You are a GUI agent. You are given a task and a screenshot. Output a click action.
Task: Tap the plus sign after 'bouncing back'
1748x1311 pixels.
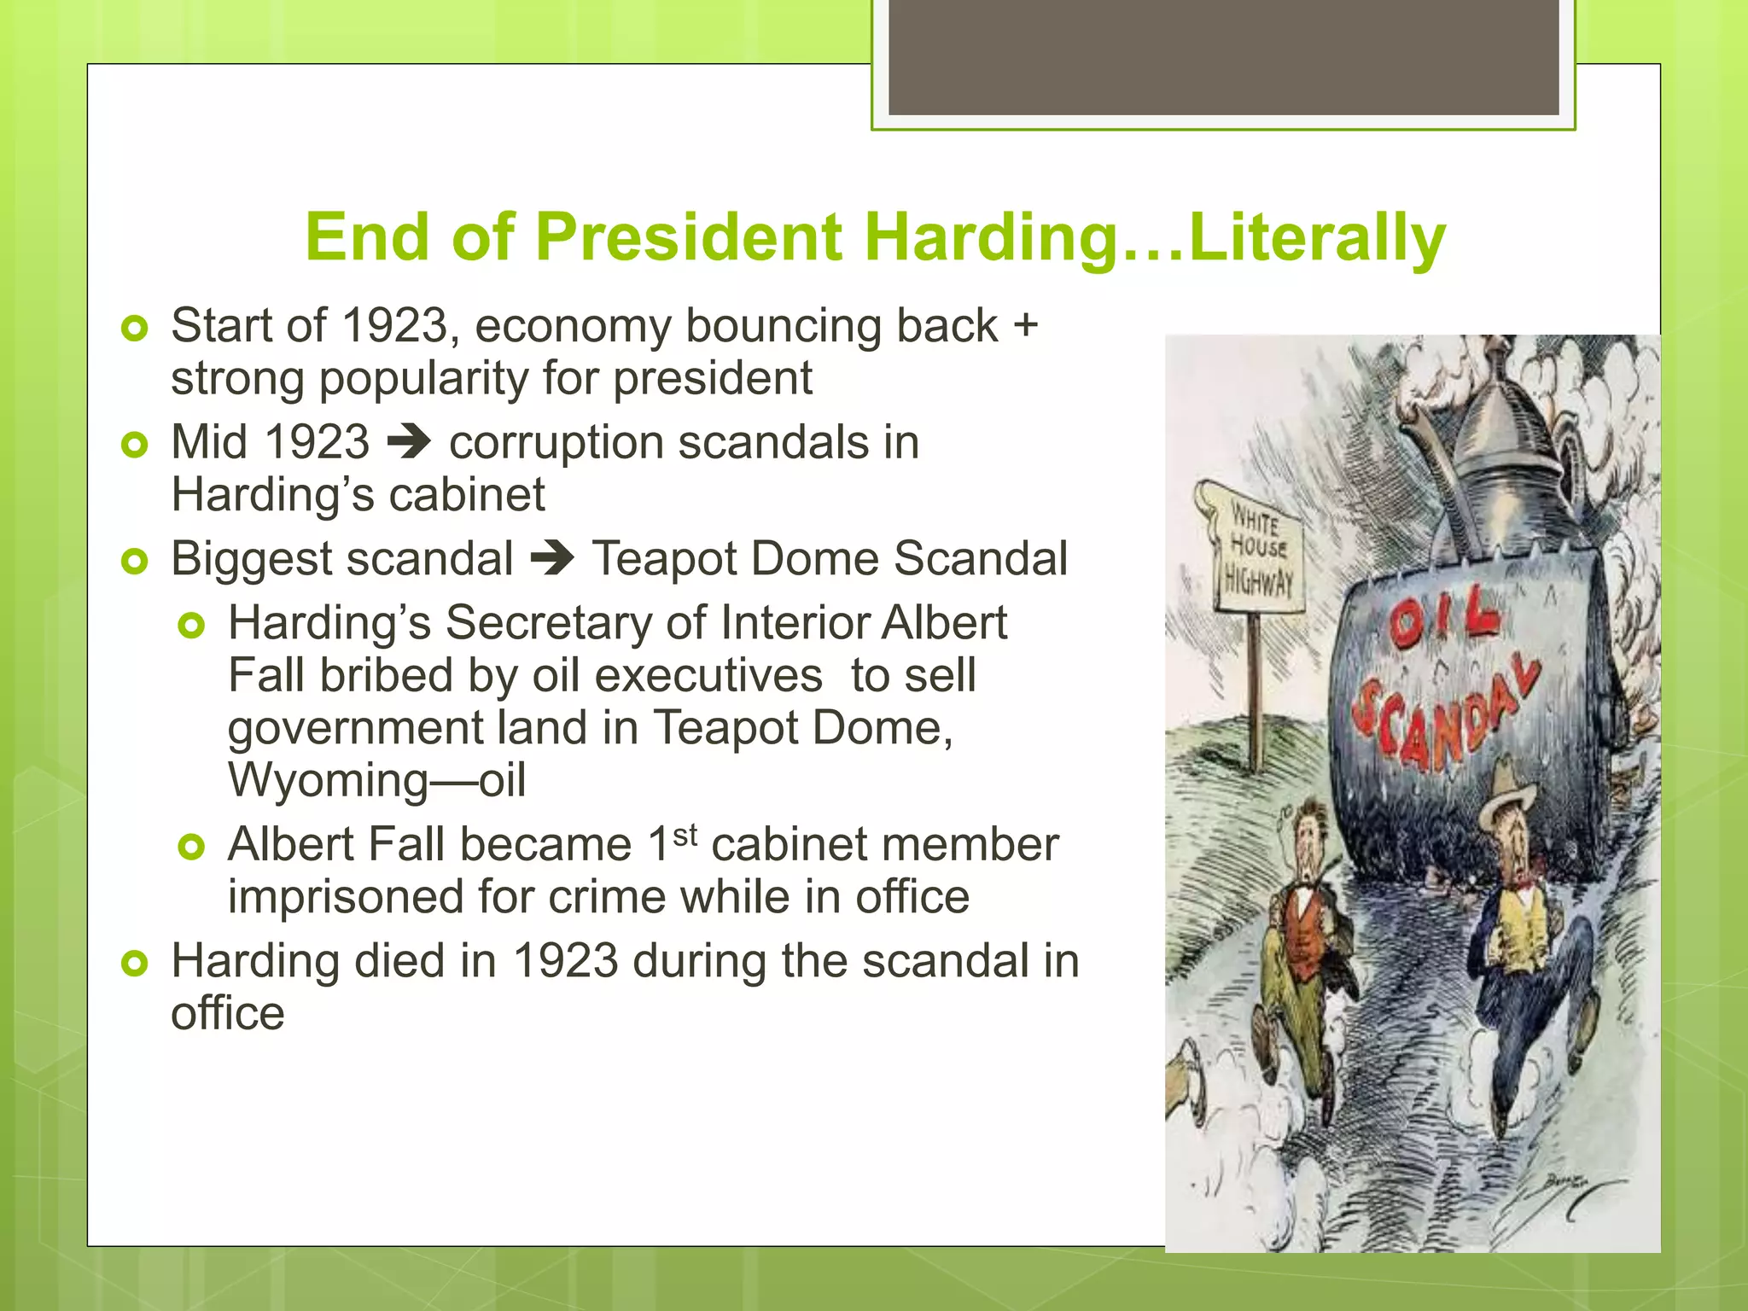pos(1025,325)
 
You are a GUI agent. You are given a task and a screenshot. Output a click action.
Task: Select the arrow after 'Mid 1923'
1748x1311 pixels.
pos(410,442)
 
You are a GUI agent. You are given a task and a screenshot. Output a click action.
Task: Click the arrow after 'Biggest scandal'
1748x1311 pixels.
pos(552,559)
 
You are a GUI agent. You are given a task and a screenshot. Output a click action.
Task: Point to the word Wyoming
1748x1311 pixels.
pos(328,780)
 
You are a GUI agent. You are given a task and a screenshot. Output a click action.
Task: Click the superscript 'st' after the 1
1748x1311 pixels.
pos(685,834)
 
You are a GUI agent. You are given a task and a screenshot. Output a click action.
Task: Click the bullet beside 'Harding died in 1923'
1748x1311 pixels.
pos(135,964)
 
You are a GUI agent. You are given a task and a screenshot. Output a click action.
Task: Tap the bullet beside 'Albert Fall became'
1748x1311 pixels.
pos(192,847)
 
